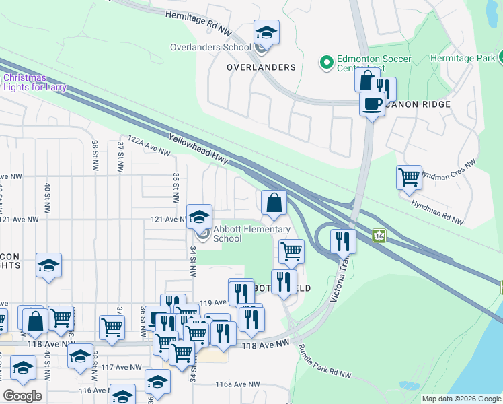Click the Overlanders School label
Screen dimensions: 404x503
[210, 47]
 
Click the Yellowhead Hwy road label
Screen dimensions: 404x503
[201, 148]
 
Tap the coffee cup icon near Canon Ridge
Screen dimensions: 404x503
[372, 104]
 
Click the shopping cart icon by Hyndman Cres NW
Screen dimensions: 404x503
[409, 178]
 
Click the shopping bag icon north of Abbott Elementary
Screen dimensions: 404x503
[274, 203]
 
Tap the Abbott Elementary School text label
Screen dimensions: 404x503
[251, 234]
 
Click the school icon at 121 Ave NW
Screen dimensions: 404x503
[199, 217]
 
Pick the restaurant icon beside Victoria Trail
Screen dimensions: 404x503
[343, 240]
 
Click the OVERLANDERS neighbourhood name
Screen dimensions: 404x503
[261, 67]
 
